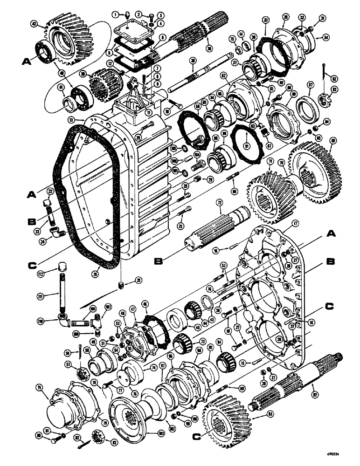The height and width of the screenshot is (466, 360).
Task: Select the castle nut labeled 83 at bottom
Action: (99, 436)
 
